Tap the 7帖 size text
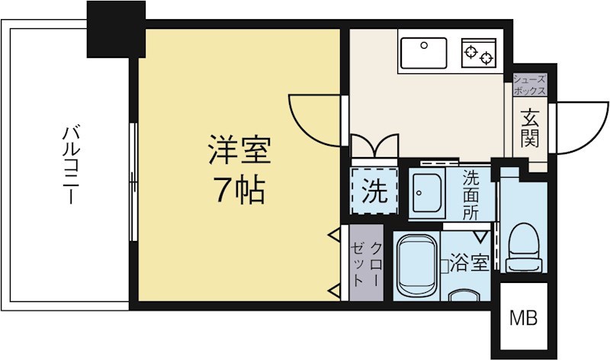pyautogui.click(x=239, y=191)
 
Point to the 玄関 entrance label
pyautogui.click(x=531, y=127)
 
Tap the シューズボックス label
pyautogui.click(x=529, y=84)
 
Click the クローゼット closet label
pyautogui.click(x=365, y=264)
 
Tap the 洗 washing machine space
pyautogui.click(x=374, y=191)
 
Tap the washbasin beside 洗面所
pyautogui.click(x=427, y=194)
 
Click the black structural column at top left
pyautogui.click(x=115, y=28)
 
